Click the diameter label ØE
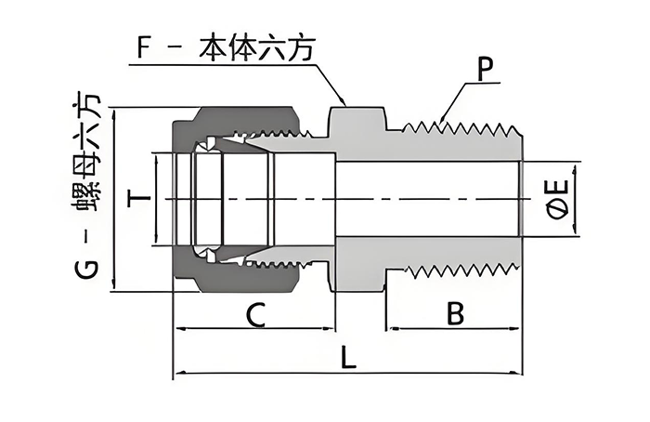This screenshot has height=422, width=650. (558, 199)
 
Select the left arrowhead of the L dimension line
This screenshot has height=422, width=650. (178, 374)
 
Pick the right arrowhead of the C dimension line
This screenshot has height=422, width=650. (331, 329)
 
